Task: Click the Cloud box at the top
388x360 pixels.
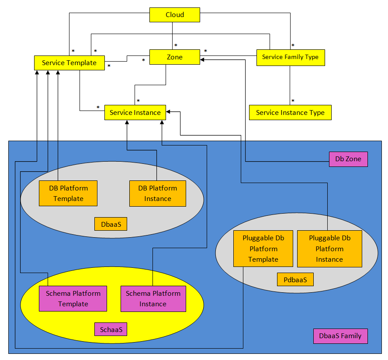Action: coord(175,15)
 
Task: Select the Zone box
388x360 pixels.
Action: coord(175,57)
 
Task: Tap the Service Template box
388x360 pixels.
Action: coord(69,63)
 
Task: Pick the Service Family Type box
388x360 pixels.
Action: coord(290,57)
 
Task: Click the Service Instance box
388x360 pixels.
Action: coord(135,112)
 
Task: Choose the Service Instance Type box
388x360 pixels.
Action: coord(290,112)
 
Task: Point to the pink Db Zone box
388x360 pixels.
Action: coord(348,159)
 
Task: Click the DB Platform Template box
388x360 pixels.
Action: coord(68,193)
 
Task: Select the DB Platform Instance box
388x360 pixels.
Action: coord(157,193)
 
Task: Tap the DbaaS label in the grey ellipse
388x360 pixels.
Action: coord(111,224)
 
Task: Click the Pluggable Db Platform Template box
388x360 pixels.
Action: coord(263,249)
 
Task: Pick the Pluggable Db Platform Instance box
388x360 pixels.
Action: coord(329,249)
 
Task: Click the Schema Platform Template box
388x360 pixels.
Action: coord(73,299)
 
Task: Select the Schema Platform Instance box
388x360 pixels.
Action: coord(153,299)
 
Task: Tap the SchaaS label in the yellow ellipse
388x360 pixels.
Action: coord(111,329)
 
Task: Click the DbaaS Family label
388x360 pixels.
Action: coord(340,336)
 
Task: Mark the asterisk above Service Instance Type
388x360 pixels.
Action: coord(293,101)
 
